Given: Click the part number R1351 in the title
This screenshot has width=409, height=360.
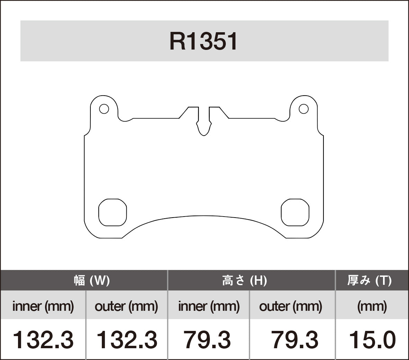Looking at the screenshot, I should (x=204, y=42).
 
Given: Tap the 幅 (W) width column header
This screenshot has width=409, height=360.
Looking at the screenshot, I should (x=92, y=280).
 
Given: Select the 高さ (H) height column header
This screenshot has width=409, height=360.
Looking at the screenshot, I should (x=244, y=280).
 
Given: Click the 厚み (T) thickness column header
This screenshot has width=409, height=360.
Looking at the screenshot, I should (x=369, y=280).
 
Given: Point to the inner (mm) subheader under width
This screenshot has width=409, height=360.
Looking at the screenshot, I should (x=43, y=306).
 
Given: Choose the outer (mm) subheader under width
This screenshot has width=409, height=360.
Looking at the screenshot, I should (x=126, y=306).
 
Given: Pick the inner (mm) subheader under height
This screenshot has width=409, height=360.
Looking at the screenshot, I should (x=209, y=306).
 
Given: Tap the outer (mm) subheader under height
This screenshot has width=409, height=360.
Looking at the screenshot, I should (x=291, y=306).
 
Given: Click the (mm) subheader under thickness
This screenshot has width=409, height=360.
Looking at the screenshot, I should (x=372, y=306).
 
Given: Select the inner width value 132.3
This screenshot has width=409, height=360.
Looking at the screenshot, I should (x=43, y=340).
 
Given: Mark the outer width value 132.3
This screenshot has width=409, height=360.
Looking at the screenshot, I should (x=126, y=340).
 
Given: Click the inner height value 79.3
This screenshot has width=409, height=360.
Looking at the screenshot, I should (x=207, y=340).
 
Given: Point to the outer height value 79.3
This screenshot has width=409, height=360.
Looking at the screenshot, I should (x=294, y=340).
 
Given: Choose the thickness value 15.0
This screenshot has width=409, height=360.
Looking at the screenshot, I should (x=372, y=340).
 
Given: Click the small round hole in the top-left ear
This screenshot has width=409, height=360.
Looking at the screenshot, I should (x=104, y=109).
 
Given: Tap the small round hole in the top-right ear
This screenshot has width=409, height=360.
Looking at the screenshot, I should (x=304, y=109).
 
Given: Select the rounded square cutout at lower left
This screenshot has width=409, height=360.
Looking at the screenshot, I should (x=113, y=212).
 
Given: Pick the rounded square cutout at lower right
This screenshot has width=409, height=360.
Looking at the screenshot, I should (x=295, y=212).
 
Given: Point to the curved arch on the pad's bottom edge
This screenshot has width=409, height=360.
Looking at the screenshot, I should (x=204, y=217).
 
